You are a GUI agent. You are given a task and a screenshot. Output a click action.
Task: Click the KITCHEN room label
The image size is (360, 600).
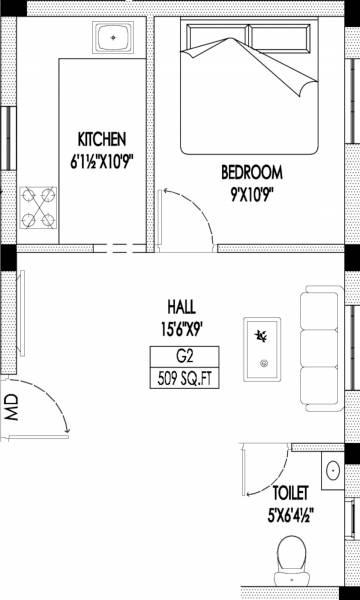(103, 138)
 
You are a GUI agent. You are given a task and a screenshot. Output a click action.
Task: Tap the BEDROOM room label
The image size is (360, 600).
(252, 170)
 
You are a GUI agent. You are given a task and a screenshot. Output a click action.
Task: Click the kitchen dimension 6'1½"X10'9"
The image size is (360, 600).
(103, 156)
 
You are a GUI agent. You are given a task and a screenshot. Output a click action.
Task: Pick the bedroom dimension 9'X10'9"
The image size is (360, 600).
(252, 187)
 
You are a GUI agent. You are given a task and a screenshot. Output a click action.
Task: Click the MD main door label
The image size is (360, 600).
(11, 407)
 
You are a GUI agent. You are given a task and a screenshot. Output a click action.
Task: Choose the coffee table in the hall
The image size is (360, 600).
(263, 346)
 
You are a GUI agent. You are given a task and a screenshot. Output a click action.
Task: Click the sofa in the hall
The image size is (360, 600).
(319, 349)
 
